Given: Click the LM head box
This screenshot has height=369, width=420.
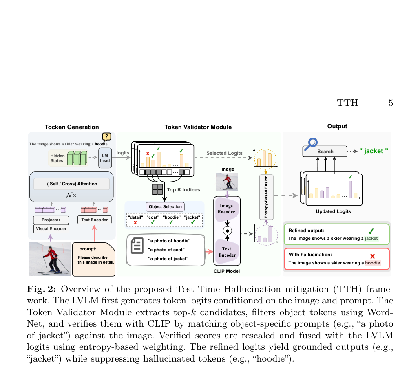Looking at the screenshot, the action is (x=105, y=158).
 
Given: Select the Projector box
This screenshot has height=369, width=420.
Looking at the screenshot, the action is (x=51, y=220).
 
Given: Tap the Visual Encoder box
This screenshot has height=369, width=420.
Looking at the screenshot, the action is (x=51, y=229).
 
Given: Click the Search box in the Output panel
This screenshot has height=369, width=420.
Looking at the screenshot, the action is (x=325, y=152).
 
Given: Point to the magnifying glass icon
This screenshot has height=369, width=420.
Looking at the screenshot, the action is (x=311, y=144).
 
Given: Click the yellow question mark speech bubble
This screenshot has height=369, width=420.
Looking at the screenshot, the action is (x=106, y=136).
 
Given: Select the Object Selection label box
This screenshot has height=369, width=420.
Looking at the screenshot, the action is (x=165, y=207).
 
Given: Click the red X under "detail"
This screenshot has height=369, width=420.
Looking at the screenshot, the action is (x=135, y=223).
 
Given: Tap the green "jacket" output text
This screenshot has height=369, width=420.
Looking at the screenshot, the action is (x=374, y=151).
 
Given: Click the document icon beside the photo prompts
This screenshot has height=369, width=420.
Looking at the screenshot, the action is (x=137, y=246).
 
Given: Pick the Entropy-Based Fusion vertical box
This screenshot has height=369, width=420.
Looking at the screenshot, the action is (x=266, y=197).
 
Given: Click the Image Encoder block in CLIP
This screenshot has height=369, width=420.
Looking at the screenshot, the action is (x=226, y=209).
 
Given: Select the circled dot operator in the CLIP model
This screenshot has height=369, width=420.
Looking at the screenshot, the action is (x=228, y=231).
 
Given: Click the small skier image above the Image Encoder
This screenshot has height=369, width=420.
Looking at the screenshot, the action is (x=227, y=181).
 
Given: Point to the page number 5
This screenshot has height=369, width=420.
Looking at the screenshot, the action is (x=391, y=103).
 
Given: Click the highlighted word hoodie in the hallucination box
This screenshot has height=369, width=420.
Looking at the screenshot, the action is (x=372, y=263).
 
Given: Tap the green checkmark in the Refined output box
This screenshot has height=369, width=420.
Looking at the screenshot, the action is (x=371, y=231).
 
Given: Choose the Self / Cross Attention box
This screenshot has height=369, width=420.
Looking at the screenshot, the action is (x=71, y=184).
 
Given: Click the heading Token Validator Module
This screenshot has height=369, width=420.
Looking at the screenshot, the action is (x=198, y=127).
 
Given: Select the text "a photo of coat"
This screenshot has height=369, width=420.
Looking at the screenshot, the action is (x=166, y=250).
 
